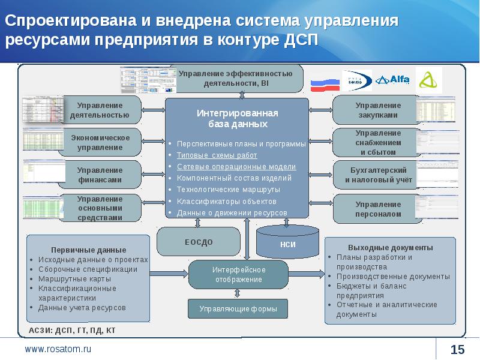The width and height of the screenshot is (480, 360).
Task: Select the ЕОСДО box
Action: tap(198, 242)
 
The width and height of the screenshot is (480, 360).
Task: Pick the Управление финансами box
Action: tap(100, 175)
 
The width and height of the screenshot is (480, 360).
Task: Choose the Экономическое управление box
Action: tap(100, 142)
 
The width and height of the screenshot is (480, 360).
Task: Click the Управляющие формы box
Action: tap(238, 309)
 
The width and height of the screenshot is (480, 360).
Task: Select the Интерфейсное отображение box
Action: tap(238, 274)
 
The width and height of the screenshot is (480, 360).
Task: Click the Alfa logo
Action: tap(392, 80)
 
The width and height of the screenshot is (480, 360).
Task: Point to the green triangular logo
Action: tap(429, 80)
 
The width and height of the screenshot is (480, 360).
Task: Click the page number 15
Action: tap(457, 350)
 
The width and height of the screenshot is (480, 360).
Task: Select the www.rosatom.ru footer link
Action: tap(58, 349)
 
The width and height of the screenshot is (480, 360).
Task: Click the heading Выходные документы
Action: tap(390, 247)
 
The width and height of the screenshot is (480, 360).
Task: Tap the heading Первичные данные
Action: tap(88, 249)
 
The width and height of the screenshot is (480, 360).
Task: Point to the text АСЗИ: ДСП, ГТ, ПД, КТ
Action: tap(72, 330)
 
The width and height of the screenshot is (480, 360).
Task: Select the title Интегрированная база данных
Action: tap(236, 118)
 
